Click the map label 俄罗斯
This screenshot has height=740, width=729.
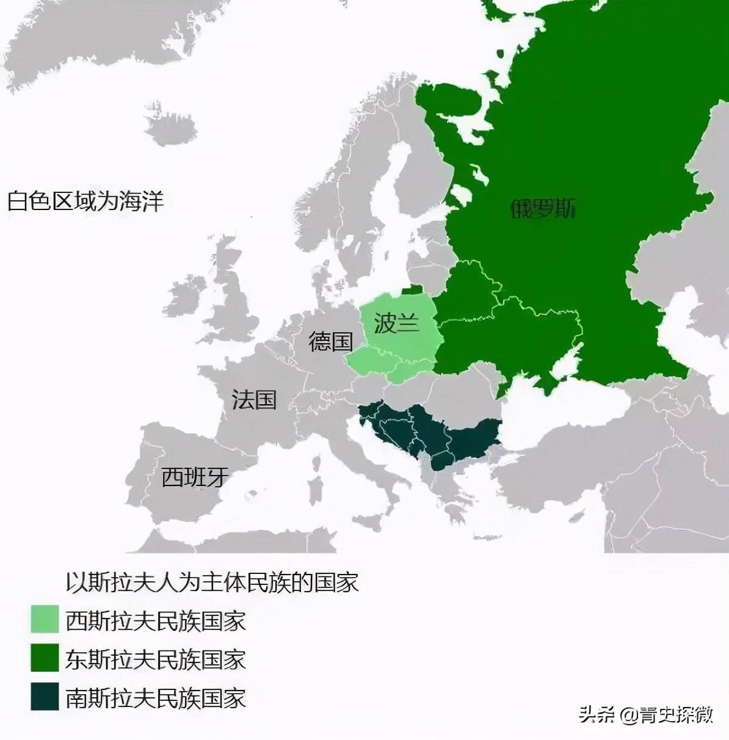[x=543, y=209]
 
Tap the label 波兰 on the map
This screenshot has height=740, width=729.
[x=397, y=322]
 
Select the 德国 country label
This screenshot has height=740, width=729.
[x=331, y=341]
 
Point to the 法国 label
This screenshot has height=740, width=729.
[x=254, y=400]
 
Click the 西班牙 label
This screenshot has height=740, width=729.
[x=195, y=477]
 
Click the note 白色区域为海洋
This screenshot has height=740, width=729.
[x=85, y=201]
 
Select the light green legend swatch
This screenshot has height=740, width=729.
[x=45, y=619]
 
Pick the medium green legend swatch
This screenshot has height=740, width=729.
[x=45, y=658]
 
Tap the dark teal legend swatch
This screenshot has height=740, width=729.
[x=45, y=697]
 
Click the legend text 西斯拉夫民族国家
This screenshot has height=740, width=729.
[x=156, y=621]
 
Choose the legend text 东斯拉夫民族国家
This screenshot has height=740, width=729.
[x=156, y=659]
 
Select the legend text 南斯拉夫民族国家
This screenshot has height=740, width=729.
[x=156, y=698]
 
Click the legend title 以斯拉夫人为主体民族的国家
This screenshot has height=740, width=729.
[x=212, y=582]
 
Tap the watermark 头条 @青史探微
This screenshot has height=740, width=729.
[x=646, y=714]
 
